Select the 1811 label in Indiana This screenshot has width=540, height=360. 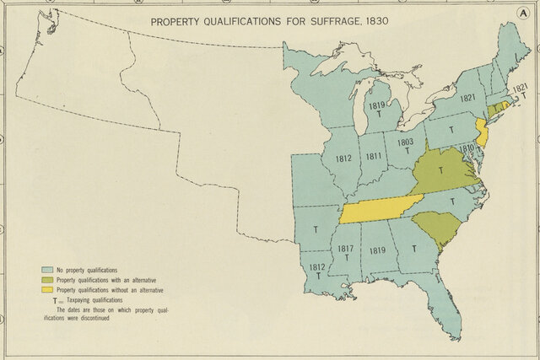tap(372, 156)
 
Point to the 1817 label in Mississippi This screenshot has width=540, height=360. tap(345, 249)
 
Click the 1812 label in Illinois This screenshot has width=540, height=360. tap(343, 158)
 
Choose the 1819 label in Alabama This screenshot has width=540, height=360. tap(377, 250)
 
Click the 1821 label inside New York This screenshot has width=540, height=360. tap(469, 98)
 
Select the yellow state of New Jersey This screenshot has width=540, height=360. tap(482, 131)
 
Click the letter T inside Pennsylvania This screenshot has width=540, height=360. tap(451, 129)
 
